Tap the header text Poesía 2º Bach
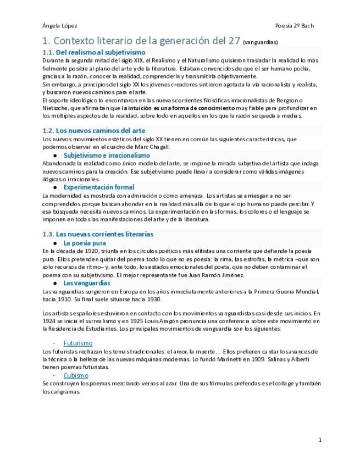pos(295,26)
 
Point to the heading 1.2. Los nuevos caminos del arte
pos(94,131)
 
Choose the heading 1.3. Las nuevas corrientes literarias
pos(98,234)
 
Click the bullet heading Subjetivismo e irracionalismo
pos(107,155)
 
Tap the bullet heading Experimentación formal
pos(99,187)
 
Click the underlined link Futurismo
pos(78,343)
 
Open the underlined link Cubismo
pos(76,375)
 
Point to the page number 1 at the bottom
pos(320,440)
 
